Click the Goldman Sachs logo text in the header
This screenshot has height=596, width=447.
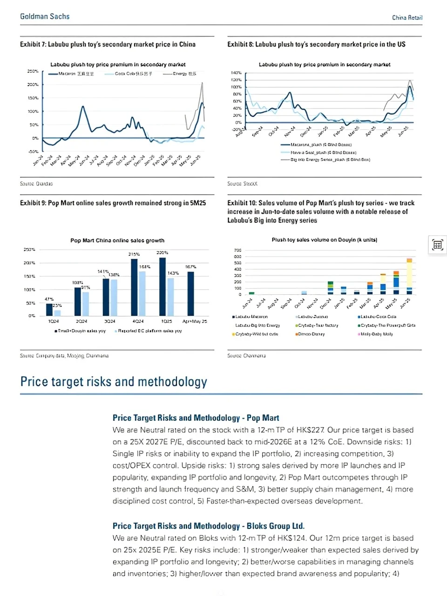pyautogui.click(x=45, y=16)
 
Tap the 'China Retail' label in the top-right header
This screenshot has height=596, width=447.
pyautogui.click(x=407, y=18)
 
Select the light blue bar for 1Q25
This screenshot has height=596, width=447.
pyautogui.click(x=170, y=297)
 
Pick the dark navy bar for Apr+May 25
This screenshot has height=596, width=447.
pyautogui.click(x=190, y=293)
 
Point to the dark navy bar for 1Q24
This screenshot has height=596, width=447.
pyautogui.click(x=49, y=309)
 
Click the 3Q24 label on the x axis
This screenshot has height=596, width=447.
pyautogui.click(x=109, y=321)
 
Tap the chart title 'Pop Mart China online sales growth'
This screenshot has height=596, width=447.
pyautogui.click(x=117, y=240)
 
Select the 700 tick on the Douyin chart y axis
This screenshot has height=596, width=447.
pyautogui.click(x=237, y=251)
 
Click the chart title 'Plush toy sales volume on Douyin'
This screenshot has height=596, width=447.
pyautogui.click(x=324, y=240)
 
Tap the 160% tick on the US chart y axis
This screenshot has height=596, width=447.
pyautogui.click(x=236, y=73)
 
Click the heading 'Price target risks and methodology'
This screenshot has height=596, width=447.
pyautogui.click(x=114, y=382)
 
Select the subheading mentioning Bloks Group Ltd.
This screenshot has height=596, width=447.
pyautogui.click(x=208, y=526)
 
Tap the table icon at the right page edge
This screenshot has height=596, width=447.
pyautogui.click(x=437, y=244)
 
